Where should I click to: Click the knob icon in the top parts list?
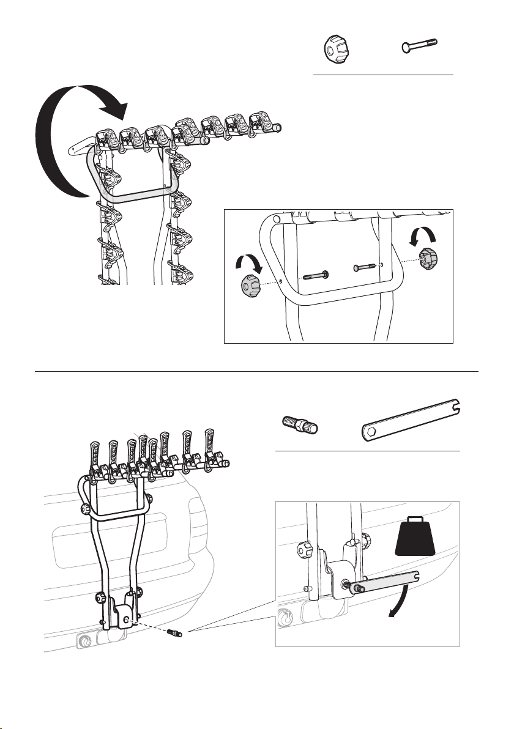click(335, 46)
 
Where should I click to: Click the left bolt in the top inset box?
click(313, 273)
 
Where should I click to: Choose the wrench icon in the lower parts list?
click(411, 423)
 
